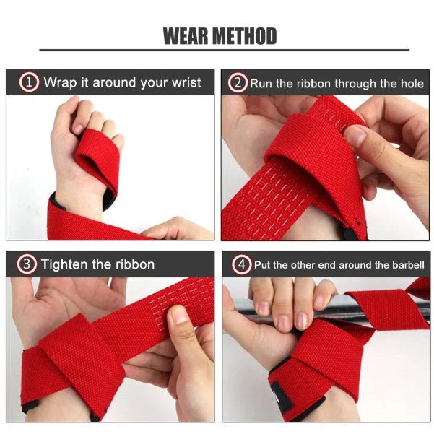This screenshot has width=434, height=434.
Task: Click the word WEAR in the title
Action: (186, 36)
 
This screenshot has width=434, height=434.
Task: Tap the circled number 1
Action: (29, 82)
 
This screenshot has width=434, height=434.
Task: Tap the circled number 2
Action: (238, 83)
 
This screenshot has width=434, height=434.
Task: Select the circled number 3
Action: (27, 264)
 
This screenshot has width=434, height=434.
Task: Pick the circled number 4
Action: (242, 264)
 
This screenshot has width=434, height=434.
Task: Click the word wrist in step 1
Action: (186, 82)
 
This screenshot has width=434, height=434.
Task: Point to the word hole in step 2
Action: (412, 83)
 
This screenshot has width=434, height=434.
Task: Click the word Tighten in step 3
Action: (64, 264)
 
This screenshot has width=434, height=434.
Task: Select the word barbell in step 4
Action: (408, 265)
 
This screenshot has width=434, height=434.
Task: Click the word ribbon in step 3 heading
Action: (135, 264)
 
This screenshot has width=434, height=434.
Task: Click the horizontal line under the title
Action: (224, 50)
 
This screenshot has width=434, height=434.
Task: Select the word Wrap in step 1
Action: (61, 82)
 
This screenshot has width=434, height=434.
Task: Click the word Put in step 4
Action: (262, 265)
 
